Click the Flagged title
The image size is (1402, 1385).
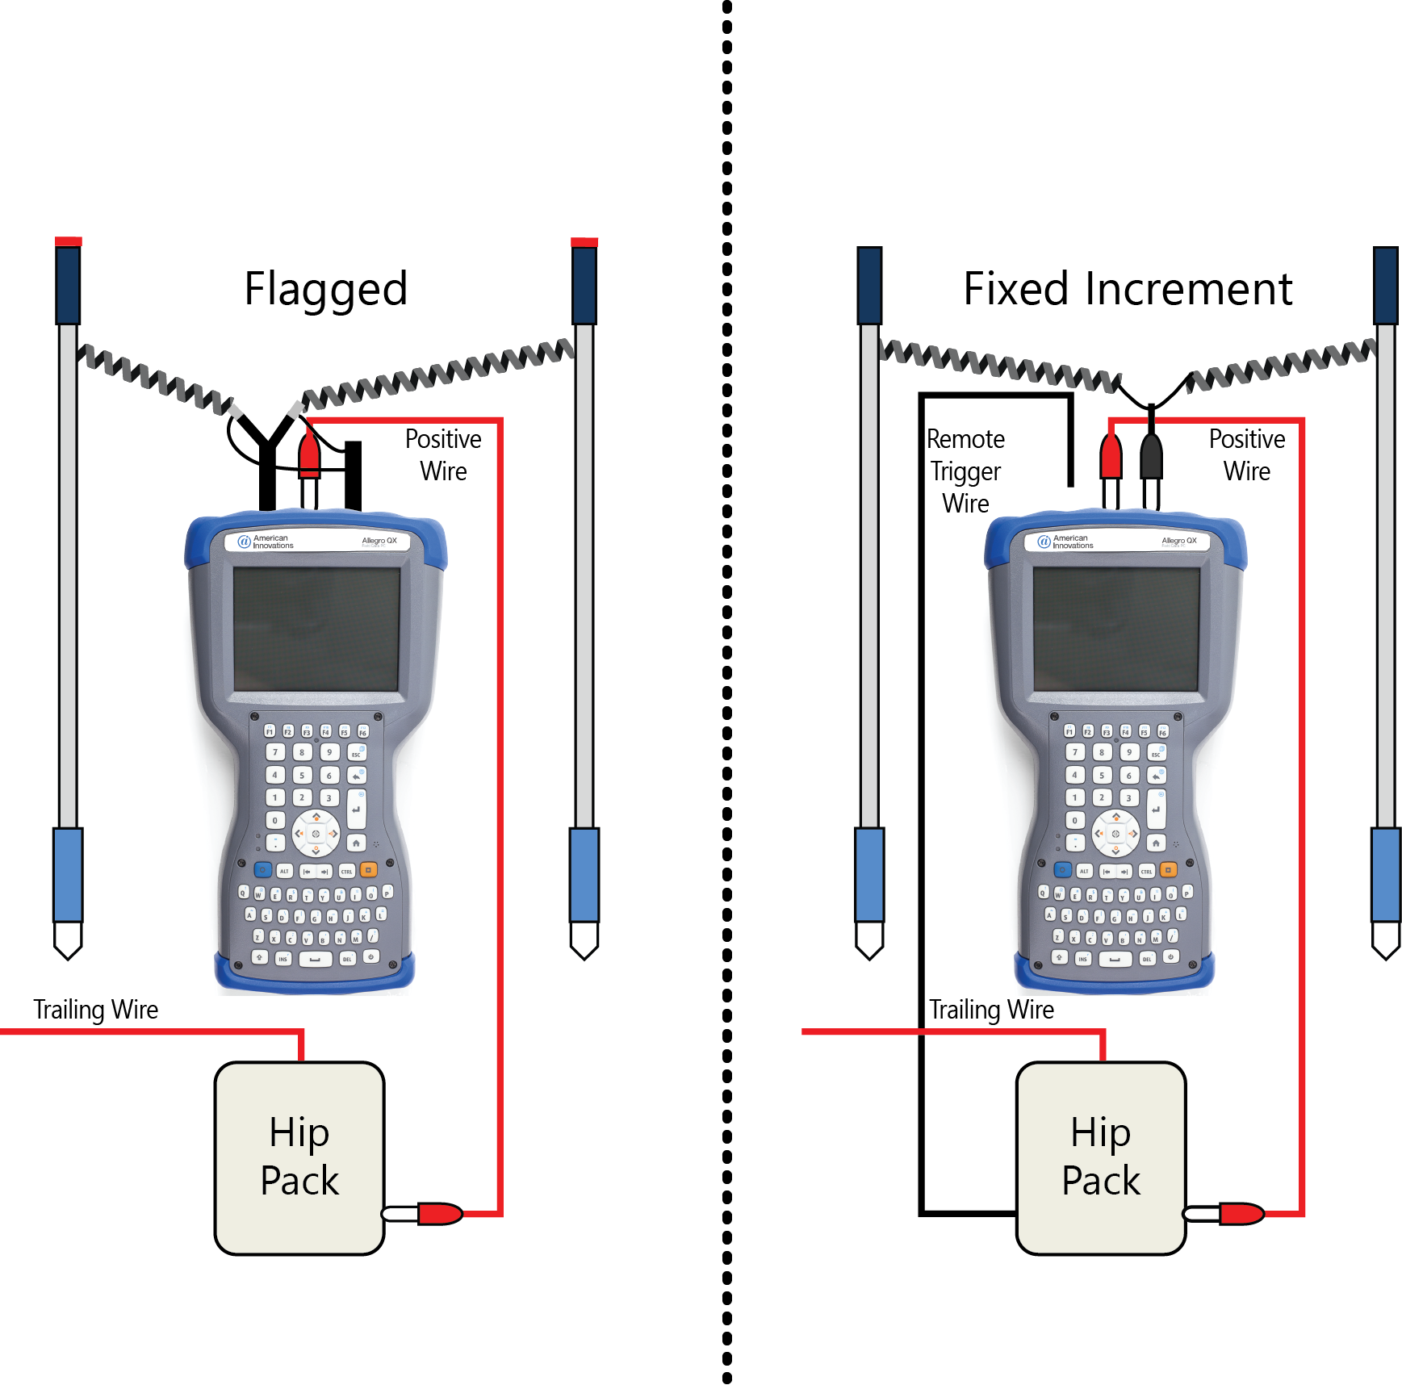point(325,289)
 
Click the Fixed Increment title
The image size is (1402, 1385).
point(1127,289)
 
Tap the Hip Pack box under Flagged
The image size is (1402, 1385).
point(299,1157)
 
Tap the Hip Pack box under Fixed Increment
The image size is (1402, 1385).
point(1100,1157)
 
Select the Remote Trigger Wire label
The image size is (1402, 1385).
point(965,471)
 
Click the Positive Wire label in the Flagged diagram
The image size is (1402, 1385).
point(443,454)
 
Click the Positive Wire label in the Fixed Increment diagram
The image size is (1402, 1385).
point(1246,454)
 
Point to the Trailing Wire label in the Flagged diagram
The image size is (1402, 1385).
point(95,1009)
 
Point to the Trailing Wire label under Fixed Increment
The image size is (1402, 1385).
point(991,1009)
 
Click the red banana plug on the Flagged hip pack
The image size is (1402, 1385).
point(439,1213)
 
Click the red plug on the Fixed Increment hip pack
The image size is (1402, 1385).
point(1241,1213)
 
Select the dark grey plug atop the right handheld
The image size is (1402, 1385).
point(1151,458)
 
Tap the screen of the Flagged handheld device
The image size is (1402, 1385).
point(316,629)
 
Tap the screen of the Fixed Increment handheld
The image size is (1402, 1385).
point(1116,629)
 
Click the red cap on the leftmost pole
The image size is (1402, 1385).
point(68,241)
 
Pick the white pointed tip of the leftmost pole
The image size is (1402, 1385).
point(68,939)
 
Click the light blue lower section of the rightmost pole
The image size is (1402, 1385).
point(1386,874)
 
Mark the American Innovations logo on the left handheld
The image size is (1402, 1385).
point(266,542)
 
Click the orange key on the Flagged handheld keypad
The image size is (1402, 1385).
point(368,870)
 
